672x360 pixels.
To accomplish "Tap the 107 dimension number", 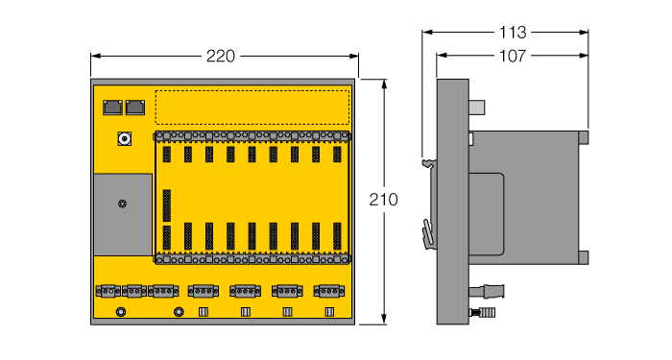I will coord(510,56).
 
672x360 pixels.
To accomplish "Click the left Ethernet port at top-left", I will coord(110,107).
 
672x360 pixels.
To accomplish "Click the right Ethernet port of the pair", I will coord(134,107).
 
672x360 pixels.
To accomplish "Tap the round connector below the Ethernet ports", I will coord(124,140).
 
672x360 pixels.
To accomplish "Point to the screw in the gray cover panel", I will coord(122,204).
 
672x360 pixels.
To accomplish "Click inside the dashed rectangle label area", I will coord(252,106).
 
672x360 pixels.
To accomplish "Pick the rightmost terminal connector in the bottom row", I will coord(329,290).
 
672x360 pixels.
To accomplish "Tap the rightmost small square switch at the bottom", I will coord(329,311).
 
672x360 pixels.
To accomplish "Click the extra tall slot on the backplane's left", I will coord(167,204).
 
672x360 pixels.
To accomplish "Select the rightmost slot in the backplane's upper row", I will coord(337,154).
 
